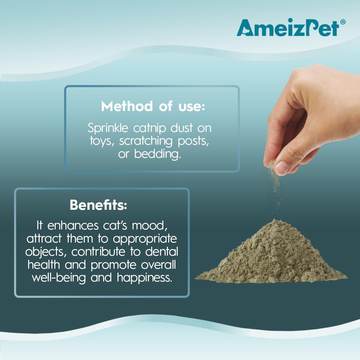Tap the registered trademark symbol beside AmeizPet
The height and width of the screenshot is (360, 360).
coord(343,22)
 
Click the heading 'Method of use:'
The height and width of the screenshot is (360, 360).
coord(153,106)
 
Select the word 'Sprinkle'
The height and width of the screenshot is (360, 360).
coord(108,128)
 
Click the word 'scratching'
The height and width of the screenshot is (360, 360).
coord(146,141)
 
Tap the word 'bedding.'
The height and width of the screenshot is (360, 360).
coord(158,154)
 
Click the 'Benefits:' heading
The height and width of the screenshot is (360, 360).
coord(99,205)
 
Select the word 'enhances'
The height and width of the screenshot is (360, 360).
coord(73,226)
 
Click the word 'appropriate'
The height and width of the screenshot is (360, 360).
coord(145,239)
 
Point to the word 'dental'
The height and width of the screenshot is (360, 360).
coord(162,251)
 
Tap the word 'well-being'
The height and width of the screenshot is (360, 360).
coord(59,278)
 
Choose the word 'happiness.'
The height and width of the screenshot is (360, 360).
coord(144,278)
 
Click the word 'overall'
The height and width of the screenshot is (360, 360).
coord(158,265)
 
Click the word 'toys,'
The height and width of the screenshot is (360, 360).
coord(102,141)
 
